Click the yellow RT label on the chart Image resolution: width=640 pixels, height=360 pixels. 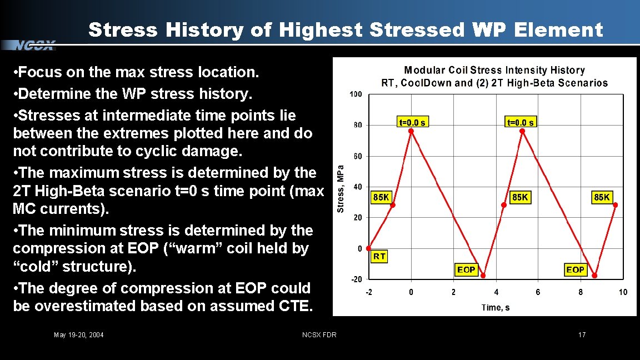pos(379,256)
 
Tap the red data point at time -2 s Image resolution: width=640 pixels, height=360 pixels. pos(369,248)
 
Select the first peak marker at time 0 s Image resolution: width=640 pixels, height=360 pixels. pos(411,131)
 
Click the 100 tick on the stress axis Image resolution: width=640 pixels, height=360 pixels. pos(356,94)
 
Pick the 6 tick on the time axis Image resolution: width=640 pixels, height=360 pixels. pos(538,292)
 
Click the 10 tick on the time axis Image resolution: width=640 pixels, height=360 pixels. pos(623,292)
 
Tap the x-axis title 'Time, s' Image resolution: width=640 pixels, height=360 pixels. pos(496,307)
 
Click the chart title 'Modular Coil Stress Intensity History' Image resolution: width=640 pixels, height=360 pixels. pos(494,71)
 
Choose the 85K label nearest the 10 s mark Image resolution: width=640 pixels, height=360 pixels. pos(602,197)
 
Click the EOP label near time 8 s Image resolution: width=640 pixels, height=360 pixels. pos(575,269)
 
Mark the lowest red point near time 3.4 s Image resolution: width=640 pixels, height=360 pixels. pos(483,276)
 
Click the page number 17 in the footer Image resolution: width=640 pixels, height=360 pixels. pos(582,334)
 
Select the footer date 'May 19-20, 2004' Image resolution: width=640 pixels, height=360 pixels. pos(78,334)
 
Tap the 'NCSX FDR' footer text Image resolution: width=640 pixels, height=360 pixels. pos(319,334)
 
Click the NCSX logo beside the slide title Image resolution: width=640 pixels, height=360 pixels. pos(34,45)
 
